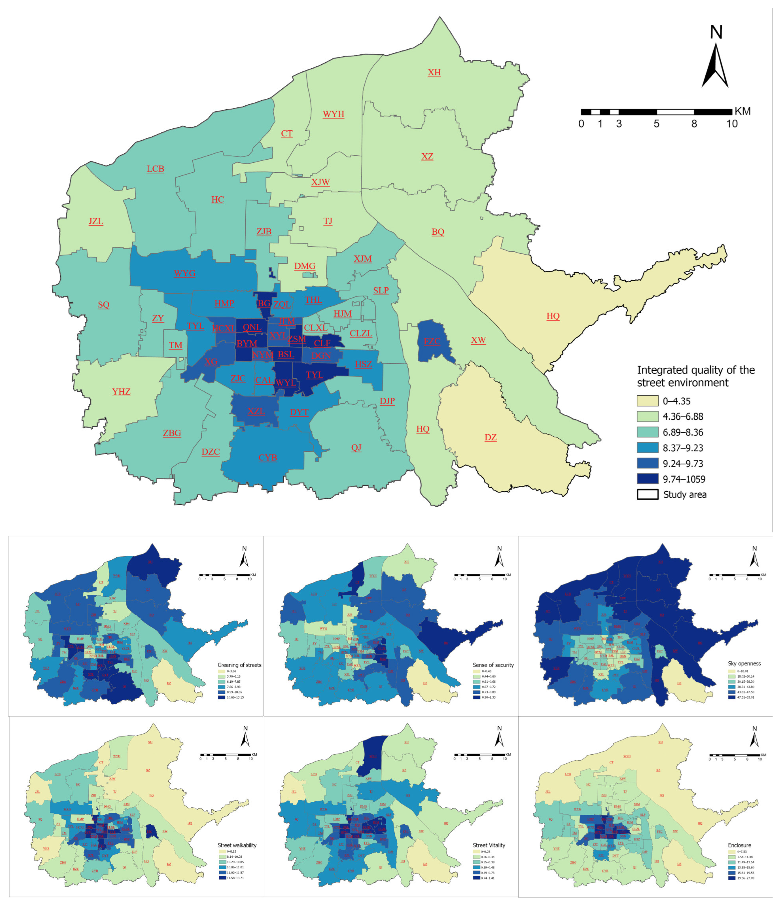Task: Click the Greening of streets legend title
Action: point(240,665)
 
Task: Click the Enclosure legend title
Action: point(739,845)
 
